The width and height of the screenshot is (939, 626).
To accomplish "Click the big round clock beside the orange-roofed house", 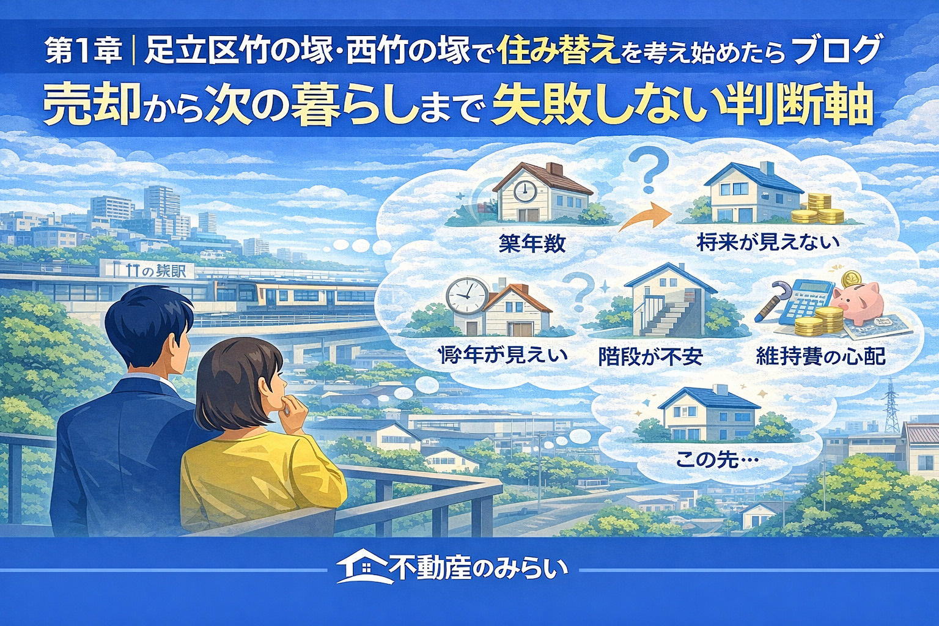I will click(466, 296).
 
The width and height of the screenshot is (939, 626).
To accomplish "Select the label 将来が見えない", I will click(768, 243).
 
